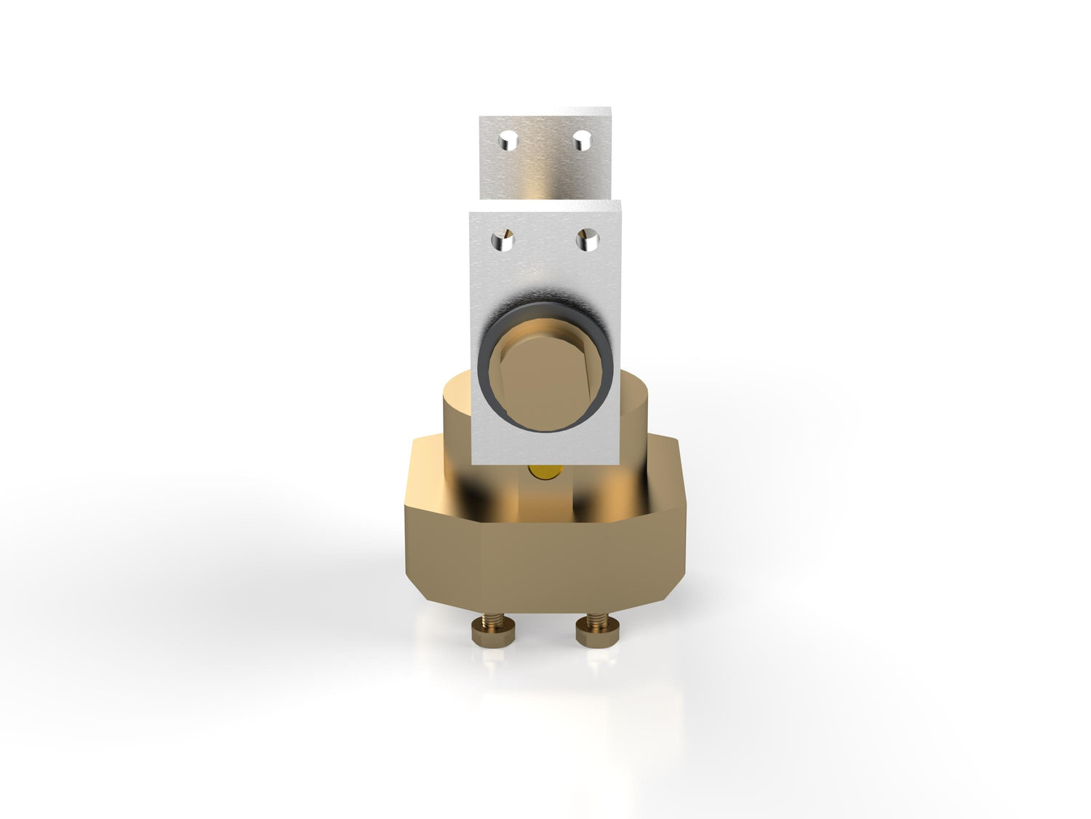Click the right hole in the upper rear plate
581,139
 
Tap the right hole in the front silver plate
587,240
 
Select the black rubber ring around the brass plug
487,342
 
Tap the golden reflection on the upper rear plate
545,175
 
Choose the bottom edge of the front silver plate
545,463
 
